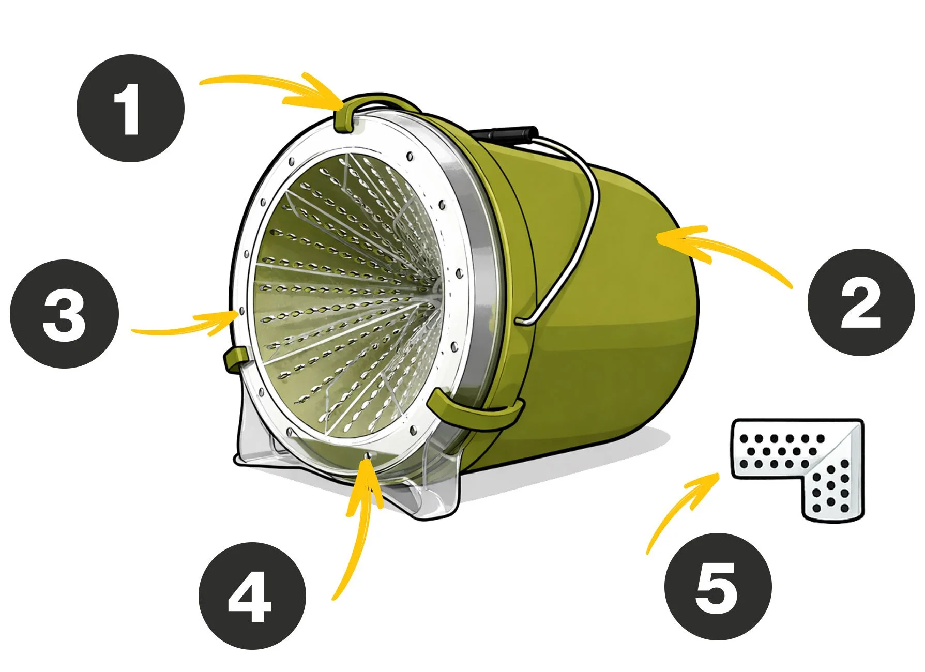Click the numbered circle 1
[x=130, y=108]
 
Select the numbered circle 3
[x=64, y=314]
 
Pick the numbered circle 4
[x=252, y=595]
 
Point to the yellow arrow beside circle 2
[x=724, y=248]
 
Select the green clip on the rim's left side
[x=236, y=359]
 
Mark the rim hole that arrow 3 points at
[x=241, y=312]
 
